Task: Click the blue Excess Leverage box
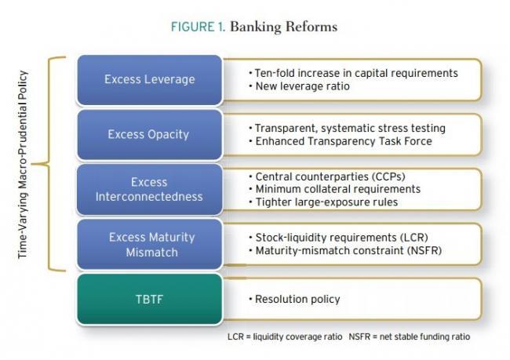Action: point(150,80)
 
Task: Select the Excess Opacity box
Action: point(150,135)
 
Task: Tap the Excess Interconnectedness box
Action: point(150,190)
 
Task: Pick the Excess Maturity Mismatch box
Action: point(150,244)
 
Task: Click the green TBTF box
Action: point(150,299)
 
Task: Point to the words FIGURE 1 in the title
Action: point(198,27)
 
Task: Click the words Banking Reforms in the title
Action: point(283,27)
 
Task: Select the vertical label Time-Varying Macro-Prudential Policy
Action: point(23,165)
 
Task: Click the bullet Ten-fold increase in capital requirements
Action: point(354,73)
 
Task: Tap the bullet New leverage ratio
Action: point(299,86)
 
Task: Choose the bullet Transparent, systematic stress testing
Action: point(347,128)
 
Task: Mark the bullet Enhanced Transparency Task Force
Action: point(341,141)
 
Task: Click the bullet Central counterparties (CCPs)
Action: point(327,176)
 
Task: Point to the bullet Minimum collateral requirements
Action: point(335,189)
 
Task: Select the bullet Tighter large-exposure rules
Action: point(323,202)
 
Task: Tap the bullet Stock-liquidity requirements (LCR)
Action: point(339,238)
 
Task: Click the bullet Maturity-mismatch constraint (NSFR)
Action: point(345,250)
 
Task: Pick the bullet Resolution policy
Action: point(294,299)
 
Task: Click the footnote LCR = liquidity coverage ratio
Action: point(285,336)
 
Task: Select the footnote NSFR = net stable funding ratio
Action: point(410,336)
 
